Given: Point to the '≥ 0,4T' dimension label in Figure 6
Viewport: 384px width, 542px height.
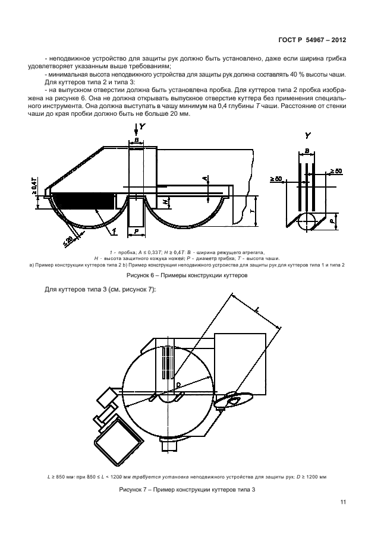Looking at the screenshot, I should [36, 186].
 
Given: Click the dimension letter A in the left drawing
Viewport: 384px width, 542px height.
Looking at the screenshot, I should [204, 179].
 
